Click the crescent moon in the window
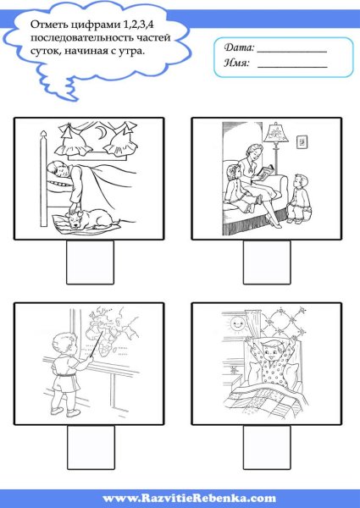(101, 132)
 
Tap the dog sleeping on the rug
(91, 218)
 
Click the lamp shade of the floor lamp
(276, 133)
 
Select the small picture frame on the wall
(302, 141)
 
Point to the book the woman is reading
(266, 173)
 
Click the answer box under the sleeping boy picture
(90, 262)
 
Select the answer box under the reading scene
(267, 262)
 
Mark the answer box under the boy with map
(91, 447)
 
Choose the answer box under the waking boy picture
(267, 447)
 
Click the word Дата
(239, 47)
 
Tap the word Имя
(237, 63)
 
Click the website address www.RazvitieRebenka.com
(189, 498)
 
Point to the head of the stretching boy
(272, 349)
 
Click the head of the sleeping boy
(56, 170)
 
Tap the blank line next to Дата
(292, 52)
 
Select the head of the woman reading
(255, 154)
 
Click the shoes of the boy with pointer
(65, 411)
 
